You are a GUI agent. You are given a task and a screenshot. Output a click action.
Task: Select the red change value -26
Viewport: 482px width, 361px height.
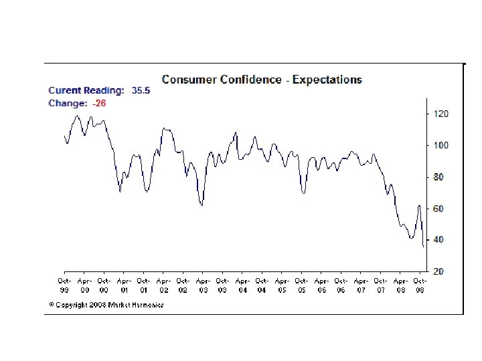pyautogui.click(x=99, y=103)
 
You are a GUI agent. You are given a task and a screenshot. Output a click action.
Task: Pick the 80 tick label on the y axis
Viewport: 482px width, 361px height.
pyautogui.click(x=438, y=177)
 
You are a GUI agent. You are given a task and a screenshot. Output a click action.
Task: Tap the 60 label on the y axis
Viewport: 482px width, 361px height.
pyautogui.click(x=438, y=209)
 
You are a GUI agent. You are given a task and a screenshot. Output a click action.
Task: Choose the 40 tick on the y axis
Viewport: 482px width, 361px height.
pyautogui.click(x=438, y=239)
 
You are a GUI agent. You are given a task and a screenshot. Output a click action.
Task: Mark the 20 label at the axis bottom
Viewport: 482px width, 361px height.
pyautogui.click(x=438, y=271)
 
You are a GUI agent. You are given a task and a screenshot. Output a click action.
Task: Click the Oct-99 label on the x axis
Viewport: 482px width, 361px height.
pyautogui.click(x=64, y=285)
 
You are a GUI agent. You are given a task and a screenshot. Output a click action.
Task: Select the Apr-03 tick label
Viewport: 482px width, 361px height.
pyautogui.click(x=203, y=285)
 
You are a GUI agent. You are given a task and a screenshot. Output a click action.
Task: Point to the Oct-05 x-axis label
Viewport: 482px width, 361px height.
pyautogui.click(x=301, y=285)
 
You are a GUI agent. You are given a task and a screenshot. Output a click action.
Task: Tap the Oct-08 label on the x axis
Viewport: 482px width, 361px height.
pyautogui.click(x=419, y=285)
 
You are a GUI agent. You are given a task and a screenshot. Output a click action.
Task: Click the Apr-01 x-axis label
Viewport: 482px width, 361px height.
pyautogui.click(x=124, y=285)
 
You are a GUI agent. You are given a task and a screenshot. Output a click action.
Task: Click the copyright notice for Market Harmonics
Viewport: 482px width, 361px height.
pyautogui.click(x=106, y=304)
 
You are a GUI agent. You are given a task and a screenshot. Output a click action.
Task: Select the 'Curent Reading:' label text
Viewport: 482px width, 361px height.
pyautogui.click(x=86, y=91)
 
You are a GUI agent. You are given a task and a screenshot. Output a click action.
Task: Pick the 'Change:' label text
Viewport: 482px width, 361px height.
pyautogui.click(x=68, y=103)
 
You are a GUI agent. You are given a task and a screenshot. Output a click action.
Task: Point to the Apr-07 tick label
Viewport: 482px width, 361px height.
pyautogui.click(x=360, y=285)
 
